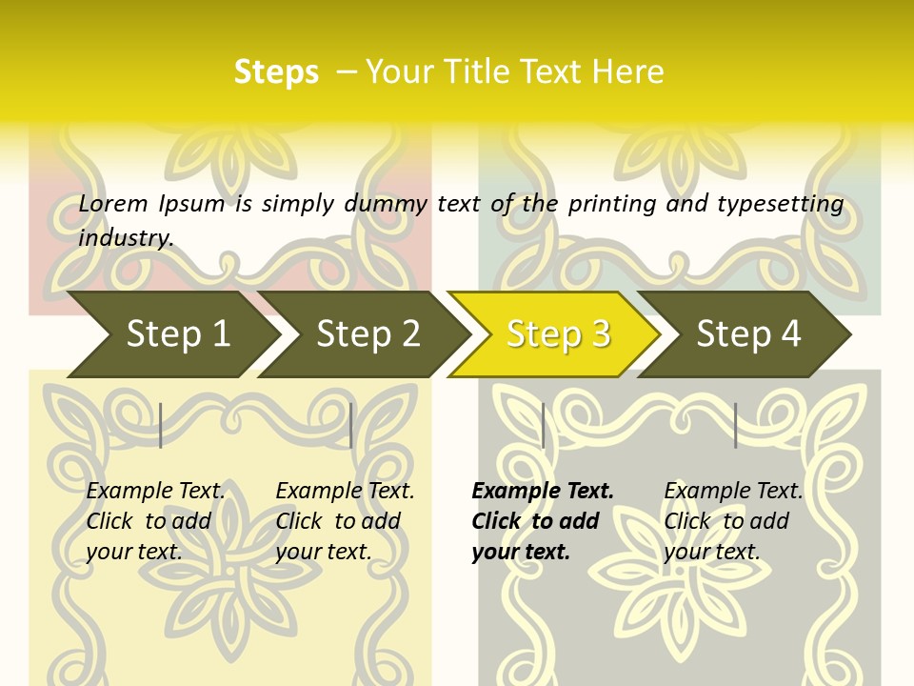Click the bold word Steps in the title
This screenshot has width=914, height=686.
[276, 72]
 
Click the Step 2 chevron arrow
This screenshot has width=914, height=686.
[367, 334]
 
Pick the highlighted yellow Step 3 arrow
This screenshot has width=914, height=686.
[557, 334]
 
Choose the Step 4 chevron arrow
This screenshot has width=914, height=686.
[747, 334]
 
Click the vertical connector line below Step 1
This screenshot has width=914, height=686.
[161, 425]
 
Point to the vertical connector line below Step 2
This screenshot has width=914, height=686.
[351, 425]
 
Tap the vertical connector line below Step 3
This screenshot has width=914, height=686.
[543, 425]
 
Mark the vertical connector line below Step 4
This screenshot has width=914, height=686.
[735, 425]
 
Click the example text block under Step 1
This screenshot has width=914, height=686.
[155, 521]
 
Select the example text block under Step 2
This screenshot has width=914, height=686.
[345, 521]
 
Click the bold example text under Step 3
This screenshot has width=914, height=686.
[542, 521]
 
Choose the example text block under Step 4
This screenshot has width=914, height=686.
[733, 521]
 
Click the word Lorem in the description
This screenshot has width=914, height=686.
[113, 204]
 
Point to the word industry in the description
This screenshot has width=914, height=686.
[126, 237]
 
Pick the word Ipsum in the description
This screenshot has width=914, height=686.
[192, 204]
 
